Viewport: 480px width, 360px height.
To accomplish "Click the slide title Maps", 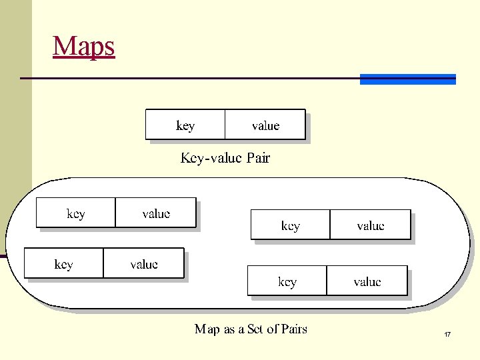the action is tap(84, 46).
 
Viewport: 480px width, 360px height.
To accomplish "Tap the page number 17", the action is tap(447, 333).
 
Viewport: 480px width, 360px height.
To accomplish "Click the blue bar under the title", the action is tap(407, 79).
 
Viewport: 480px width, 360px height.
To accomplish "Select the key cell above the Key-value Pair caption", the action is tap(185, 125).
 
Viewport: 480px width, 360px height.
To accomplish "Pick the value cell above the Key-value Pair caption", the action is tap(265, 125).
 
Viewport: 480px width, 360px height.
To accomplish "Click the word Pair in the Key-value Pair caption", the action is tap(258, 158).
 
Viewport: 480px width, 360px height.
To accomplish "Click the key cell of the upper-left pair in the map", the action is tap(75, 213).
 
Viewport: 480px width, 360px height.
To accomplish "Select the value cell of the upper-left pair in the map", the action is tap(156, 213).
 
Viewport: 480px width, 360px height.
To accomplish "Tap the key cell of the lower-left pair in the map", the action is tap(63, 264).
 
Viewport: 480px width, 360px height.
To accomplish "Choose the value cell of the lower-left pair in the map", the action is tap(144, 264).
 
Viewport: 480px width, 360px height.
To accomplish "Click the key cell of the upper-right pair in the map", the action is tap(290, 225).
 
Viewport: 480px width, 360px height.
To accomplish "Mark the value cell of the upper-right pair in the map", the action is tap(371, 225).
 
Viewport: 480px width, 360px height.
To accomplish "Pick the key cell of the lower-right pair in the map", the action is tap(287, 281).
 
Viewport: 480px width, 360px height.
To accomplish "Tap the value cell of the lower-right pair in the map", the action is tap(367, 281).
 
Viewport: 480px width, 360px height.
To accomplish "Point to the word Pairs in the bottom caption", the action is tap(294, 329).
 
